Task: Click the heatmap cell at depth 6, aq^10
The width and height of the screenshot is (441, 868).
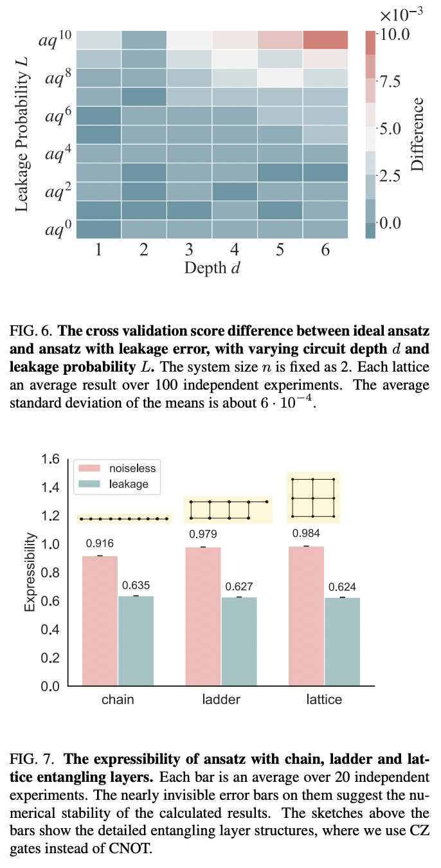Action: (325, 40)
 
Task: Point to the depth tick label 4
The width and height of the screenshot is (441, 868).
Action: (234, 250)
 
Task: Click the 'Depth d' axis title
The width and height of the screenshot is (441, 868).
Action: (212, 267)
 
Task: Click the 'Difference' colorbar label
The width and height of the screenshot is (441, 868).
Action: (418, 134)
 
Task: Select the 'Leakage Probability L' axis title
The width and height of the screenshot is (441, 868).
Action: (23, 133)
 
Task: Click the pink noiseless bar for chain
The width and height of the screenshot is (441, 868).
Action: (100, 620)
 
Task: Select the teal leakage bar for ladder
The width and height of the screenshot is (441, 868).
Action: (239, 641)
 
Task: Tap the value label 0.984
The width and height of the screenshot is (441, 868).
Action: (306, 533)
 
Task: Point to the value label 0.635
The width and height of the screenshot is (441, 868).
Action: (136, 585)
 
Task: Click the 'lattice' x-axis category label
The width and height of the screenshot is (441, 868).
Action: (324, 699)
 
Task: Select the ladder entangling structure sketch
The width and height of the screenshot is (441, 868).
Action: (228, 509)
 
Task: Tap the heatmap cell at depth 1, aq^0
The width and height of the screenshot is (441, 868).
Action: (98, 230)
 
